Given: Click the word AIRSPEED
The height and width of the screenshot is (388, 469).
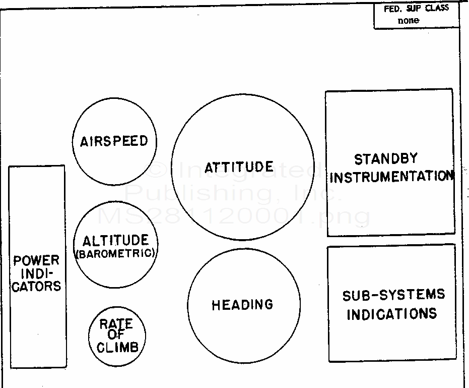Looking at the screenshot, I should tap(114, 141).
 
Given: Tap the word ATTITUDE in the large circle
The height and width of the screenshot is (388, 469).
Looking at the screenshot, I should tap(239, 167).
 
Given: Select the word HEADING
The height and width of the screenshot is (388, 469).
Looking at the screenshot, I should tap(242, 305).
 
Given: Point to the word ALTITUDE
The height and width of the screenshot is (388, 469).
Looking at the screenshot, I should tap(116, 240).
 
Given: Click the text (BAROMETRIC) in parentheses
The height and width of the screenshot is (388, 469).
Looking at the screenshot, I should tap(115, 253).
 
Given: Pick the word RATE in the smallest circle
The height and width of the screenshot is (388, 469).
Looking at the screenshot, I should tap(116, 324).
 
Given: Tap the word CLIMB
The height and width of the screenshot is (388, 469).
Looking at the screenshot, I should tap(117, 347).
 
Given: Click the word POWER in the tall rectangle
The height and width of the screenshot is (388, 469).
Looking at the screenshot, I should tap(36, 261).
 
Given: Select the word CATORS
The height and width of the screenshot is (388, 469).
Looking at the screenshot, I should tap(36, 286).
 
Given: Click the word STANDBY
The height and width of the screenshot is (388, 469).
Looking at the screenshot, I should tap(386, 159).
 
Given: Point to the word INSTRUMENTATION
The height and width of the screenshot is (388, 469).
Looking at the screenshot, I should tap(391, 177).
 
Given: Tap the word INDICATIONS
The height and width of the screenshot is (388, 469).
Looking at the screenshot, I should tap(391, 314).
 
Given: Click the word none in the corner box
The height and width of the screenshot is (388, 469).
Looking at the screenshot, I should tap(408, 21).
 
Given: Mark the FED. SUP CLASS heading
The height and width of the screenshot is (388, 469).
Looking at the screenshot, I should tap(416, 8).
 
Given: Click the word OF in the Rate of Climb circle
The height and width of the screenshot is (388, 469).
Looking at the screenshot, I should tap(116, 336).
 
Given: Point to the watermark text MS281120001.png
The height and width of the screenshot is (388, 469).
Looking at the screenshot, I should tap(234, 216).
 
